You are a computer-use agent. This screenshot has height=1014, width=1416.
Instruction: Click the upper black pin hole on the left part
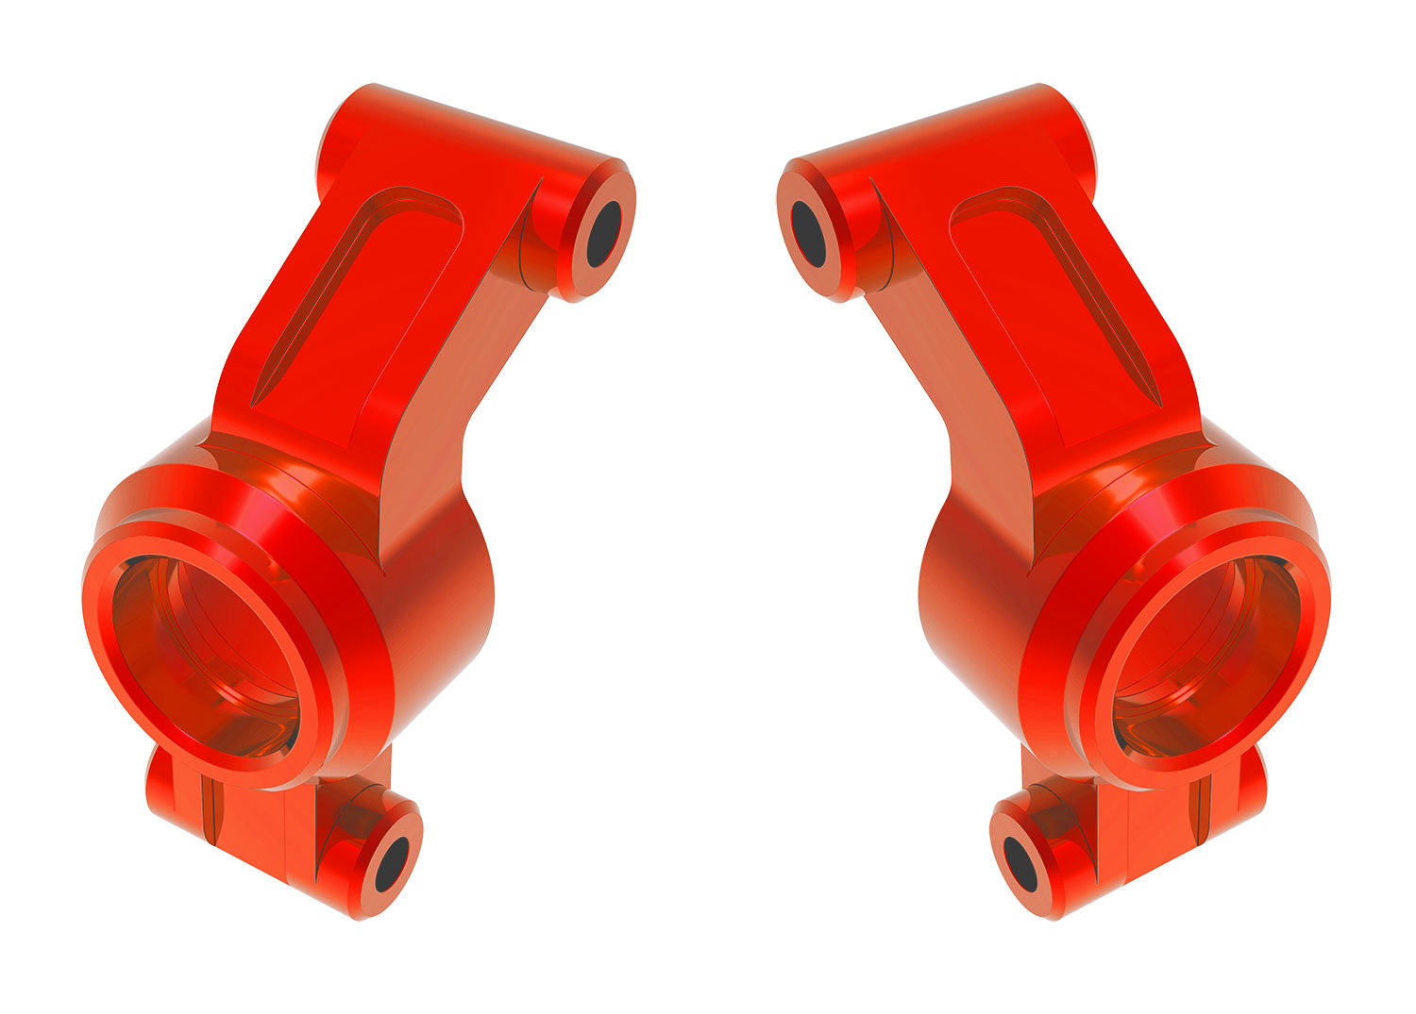(x=603, y=233)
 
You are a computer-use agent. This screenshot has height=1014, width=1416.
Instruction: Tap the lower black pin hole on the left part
(x=392, y=863)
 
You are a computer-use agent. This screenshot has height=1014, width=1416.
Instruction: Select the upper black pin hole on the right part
(x=809, y=233)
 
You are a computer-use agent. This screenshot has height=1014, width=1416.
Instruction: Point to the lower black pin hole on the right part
(x=1020, y=863)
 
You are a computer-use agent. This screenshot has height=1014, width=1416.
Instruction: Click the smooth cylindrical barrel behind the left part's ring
(x=444, y=604)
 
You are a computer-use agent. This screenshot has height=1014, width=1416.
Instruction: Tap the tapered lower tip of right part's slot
(x=1155, y=396)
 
